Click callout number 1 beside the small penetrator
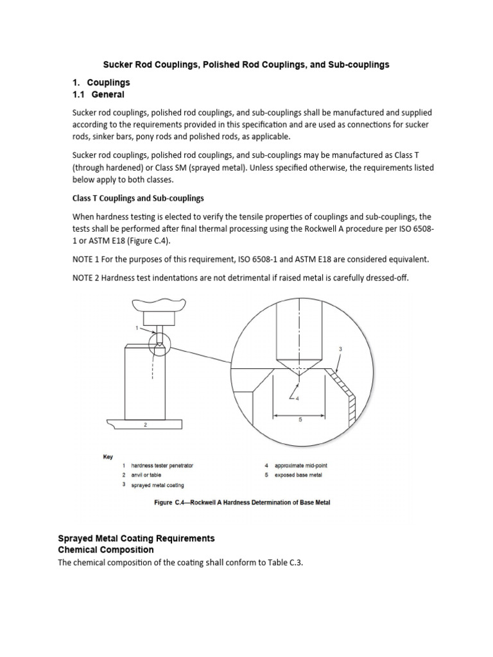(137, 328)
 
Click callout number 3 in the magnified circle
(340, 348)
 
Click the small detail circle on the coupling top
(157, 345)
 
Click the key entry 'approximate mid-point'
(300, 465)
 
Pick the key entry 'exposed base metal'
(298, 475)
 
